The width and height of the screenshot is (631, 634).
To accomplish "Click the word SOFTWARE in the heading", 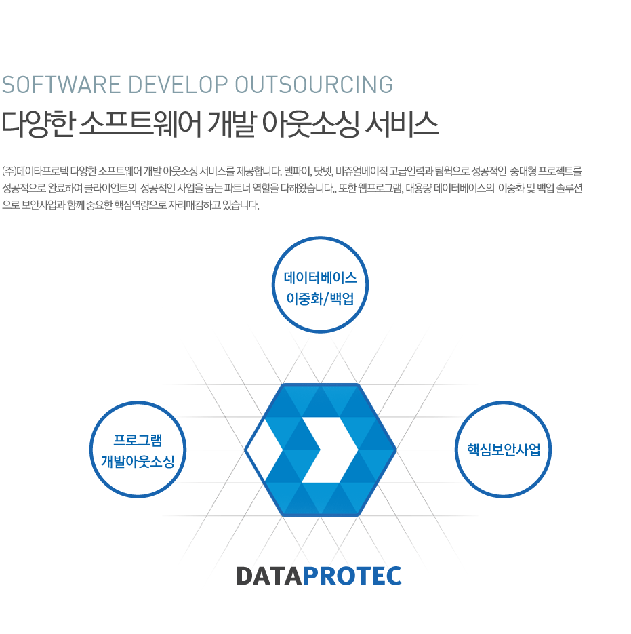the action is click(x=62, y=85).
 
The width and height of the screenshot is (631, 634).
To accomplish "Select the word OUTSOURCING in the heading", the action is click(x=314, y=85).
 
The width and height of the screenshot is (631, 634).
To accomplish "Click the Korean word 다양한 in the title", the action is click(x=38, y=123).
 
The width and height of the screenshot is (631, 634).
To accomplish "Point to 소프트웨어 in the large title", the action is click(x=140, y=123).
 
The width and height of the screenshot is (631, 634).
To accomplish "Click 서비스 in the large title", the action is click(x=402, y=123).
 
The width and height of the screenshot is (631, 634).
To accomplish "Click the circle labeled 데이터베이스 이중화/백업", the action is click(x=320, y=238).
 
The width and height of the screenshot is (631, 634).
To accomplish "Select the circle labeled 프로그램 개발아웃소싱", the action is click(x=138, y=403).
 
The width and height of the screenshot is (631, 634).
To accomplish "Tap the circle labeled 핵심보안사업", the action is click(x=504, y=403).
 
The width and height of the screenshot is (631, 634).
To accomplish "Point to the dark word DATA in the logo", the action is click(x=269, y=576).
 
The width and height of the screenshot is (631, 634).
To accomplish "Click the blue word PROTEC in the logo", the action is click(x=352, y=576).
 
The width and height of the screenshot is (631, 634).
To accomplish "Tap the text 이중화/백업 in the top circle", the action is click(x=320, y=299).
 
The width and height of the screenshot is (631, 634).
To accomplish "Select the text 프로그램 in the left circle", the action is click(x=138, y=440).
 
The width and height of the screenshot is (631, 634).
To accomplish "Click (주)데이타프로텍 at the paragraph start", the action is click(x=35, y=172).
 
